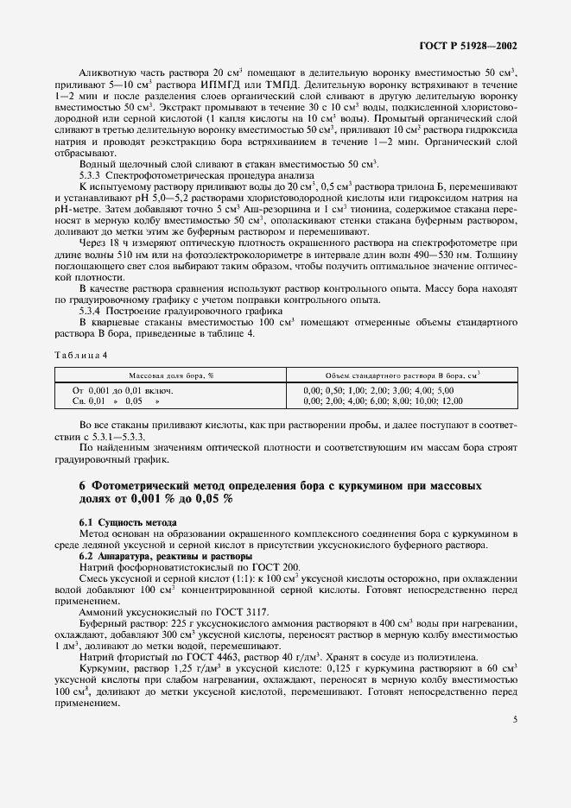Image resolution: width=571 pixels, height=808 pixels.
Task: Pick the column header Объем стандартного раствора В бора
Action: click(403, 376)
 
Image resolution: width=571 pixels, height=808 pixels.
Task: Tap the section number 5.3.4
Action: click(90, 310)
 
